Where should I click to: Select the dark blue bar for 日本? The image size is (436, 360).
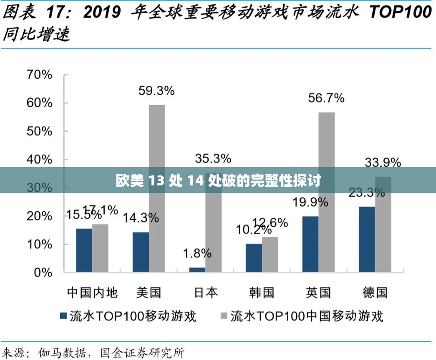197,270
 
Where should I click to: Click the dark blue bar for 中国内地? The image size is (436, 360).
84,250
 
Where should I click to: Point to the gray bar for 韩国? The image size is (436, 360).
270,254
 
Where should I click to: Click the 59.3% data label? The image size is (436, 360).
156,91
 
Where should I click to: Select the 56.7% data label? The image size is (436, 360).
326,98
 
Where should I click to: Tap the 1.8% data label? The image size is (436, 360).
197,254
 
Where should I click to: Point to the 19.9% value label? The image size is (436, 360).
310,202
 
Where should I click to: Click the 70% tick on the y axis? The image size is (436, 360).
39,75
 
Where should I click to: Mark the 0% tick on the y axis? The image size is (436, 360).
43,272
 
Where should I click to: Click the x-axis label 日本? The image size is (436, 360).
206,292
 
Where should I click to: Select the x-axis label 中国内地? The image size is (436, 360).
92,292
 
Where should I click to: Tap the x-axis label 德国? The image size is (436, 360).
375,292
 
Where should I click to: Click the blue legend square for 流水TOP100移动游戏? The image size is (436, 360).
63,316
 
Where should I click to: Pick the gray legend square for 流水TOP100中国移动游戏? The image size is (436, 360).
224,316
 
